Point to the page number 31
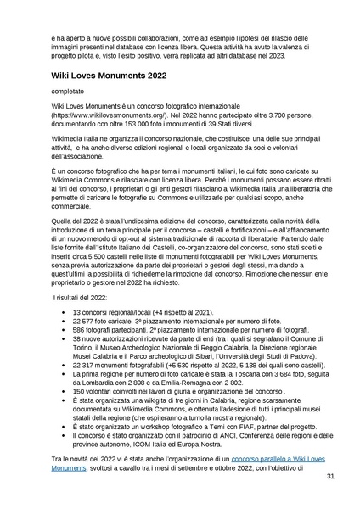[330, 477]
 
